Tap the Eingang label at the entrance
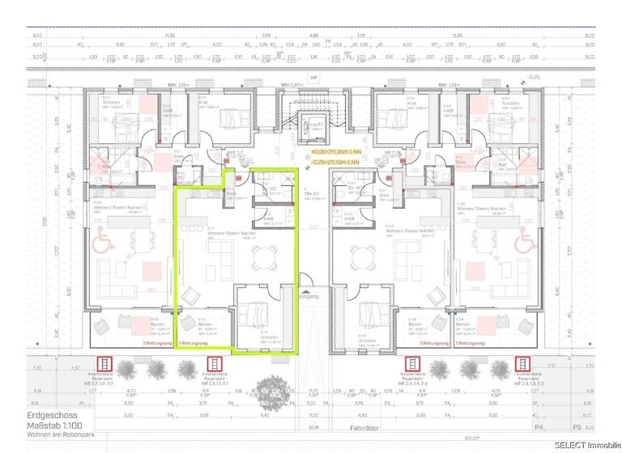pos(309,297)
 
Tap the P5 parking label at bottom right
pos(577,426)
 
